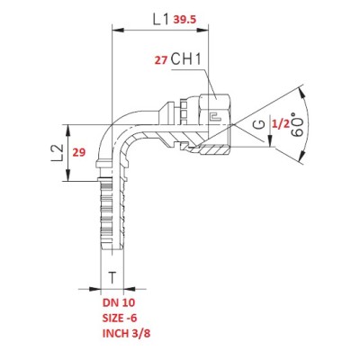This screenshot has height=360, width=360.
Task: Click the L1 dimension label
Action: tap(162, 20)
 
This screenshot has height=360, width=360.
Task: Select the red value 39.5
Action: tap(185, 20)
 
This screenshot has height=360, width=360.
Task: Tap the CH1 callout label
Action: tap(185, 59)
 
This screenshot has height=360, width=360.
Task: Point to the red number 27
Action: tap(160, 60)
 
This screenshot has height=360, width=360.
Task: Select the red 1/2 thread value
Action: tap(280, 124)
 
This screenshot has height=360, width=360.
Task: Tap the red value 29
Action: tap(79, 153)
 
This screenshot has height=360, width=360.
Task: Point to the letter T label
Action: tap(112, 278)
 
